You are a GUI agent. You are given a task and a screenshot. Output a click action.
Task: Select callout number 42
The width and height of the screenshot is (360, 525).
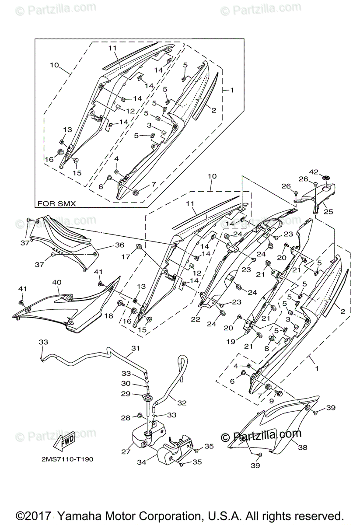314,172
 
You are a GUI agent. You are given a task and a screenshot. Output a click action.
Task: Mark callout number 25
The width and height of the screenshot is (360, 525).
328,212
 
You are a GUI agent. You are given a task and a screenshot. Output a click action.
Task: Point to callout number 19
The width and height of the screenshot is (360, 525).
231,341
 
